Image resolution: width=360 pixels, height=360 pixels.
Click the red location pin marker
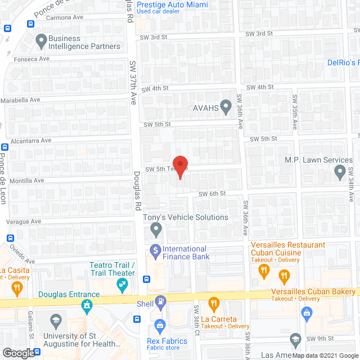point(179,168)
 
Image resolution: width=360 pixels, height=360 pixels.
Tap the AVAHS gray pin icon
point(226,105)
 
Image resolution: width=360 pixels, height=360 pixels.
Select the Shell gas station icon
point(160,302)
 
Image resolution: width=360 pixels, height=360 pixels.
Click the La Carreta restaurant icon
point(213,304)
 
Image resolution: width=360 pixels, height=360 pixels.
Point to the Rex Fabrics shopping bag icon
point(160,325)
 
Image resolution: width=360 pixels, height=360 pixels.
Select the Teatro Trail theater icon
point(120,286)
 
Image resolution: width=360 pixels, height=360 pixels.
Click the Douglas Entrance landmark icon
point(86,306)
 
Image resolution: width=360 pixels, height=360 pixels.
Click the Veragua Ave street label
point(24,222)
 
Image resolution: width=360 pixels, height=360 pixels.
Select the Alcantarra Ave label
point(29,141)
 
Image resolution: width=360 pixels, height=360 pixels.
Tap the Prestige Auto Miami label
point(176,5)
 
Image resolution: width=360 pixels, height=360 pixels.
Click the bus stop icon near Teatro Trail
point(146,278)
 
